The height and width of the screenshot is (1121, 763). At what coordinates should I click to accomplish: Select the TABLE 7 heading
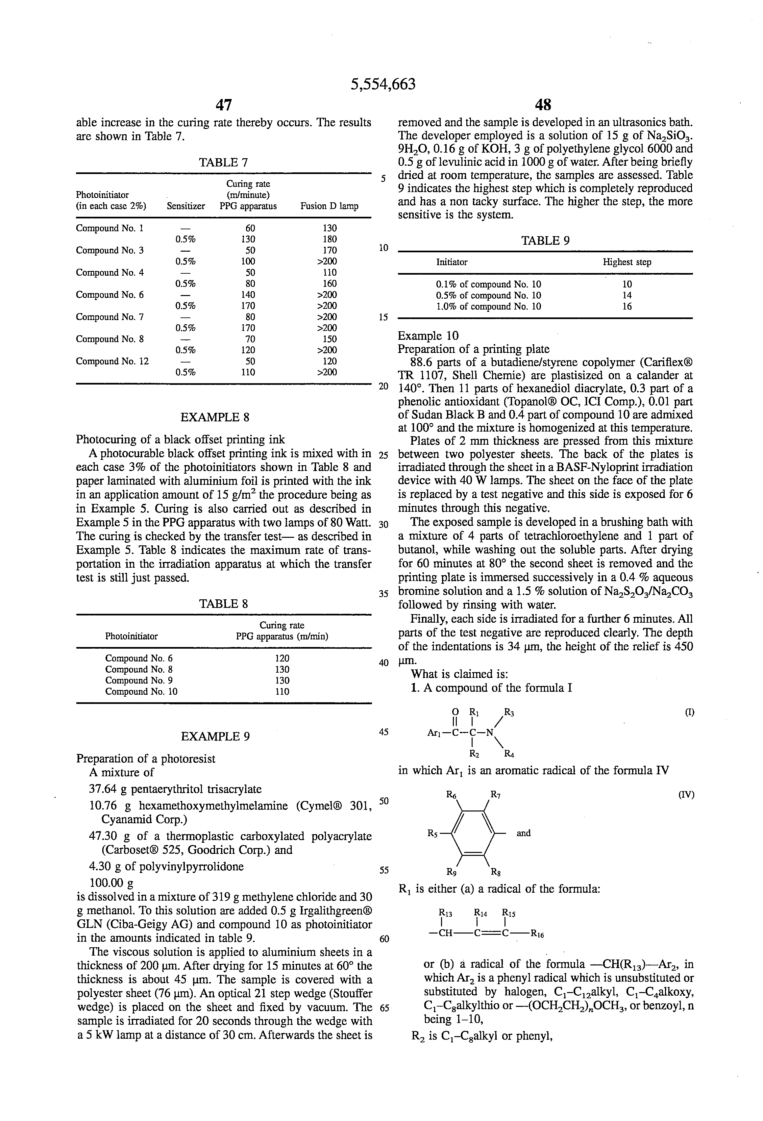[x=224, y=162]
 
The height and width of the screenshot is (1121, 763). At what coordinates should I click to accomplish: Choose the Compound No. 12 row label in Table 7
[x=112, y=361]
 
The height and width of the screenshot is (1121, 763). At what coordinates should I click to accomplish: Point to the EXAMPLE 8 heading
[x=215, y=417]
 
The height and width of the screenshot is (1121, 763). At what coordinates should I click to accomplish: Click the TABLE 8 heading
[x=224, y=604]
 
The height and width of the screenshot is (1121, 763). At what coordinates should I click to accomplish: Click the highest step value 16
[x=627, y=306]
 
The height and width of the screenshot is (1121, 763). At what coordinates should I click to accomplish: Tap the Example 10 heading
[x=428, y=336]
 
